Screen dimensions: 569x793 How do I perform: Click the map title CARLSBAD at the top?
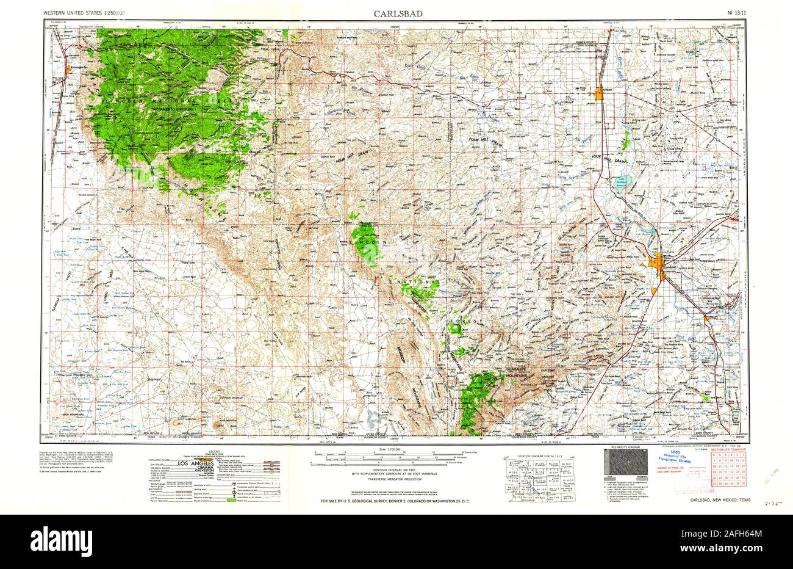pos(396,13)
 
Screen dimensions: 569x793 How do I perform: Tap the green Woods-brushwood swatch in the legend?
pos(230,500)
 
